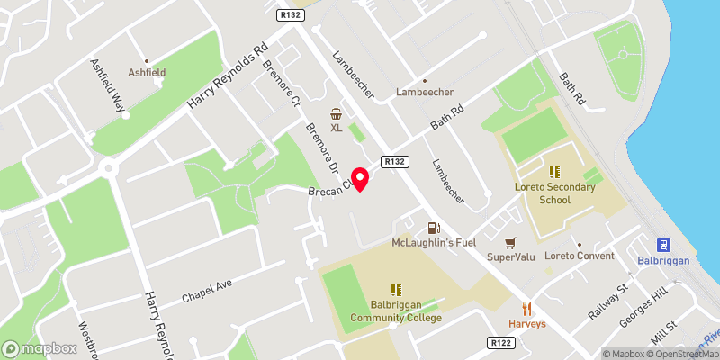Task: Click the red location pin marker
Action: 360,178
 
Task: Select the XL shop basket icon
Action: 337,114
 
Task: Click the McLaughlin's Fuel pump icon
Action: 433,229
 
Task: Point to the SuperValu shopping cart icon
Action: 511,243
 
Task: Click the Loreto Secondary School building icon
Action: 555,171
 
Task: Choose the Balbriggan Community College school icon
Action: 396,290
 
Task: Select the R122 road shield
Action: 500,343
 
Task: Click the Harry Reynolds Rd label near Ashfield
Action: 228,78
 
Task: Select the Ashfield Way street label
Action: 106,88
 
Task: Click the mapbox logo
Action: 40,347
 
